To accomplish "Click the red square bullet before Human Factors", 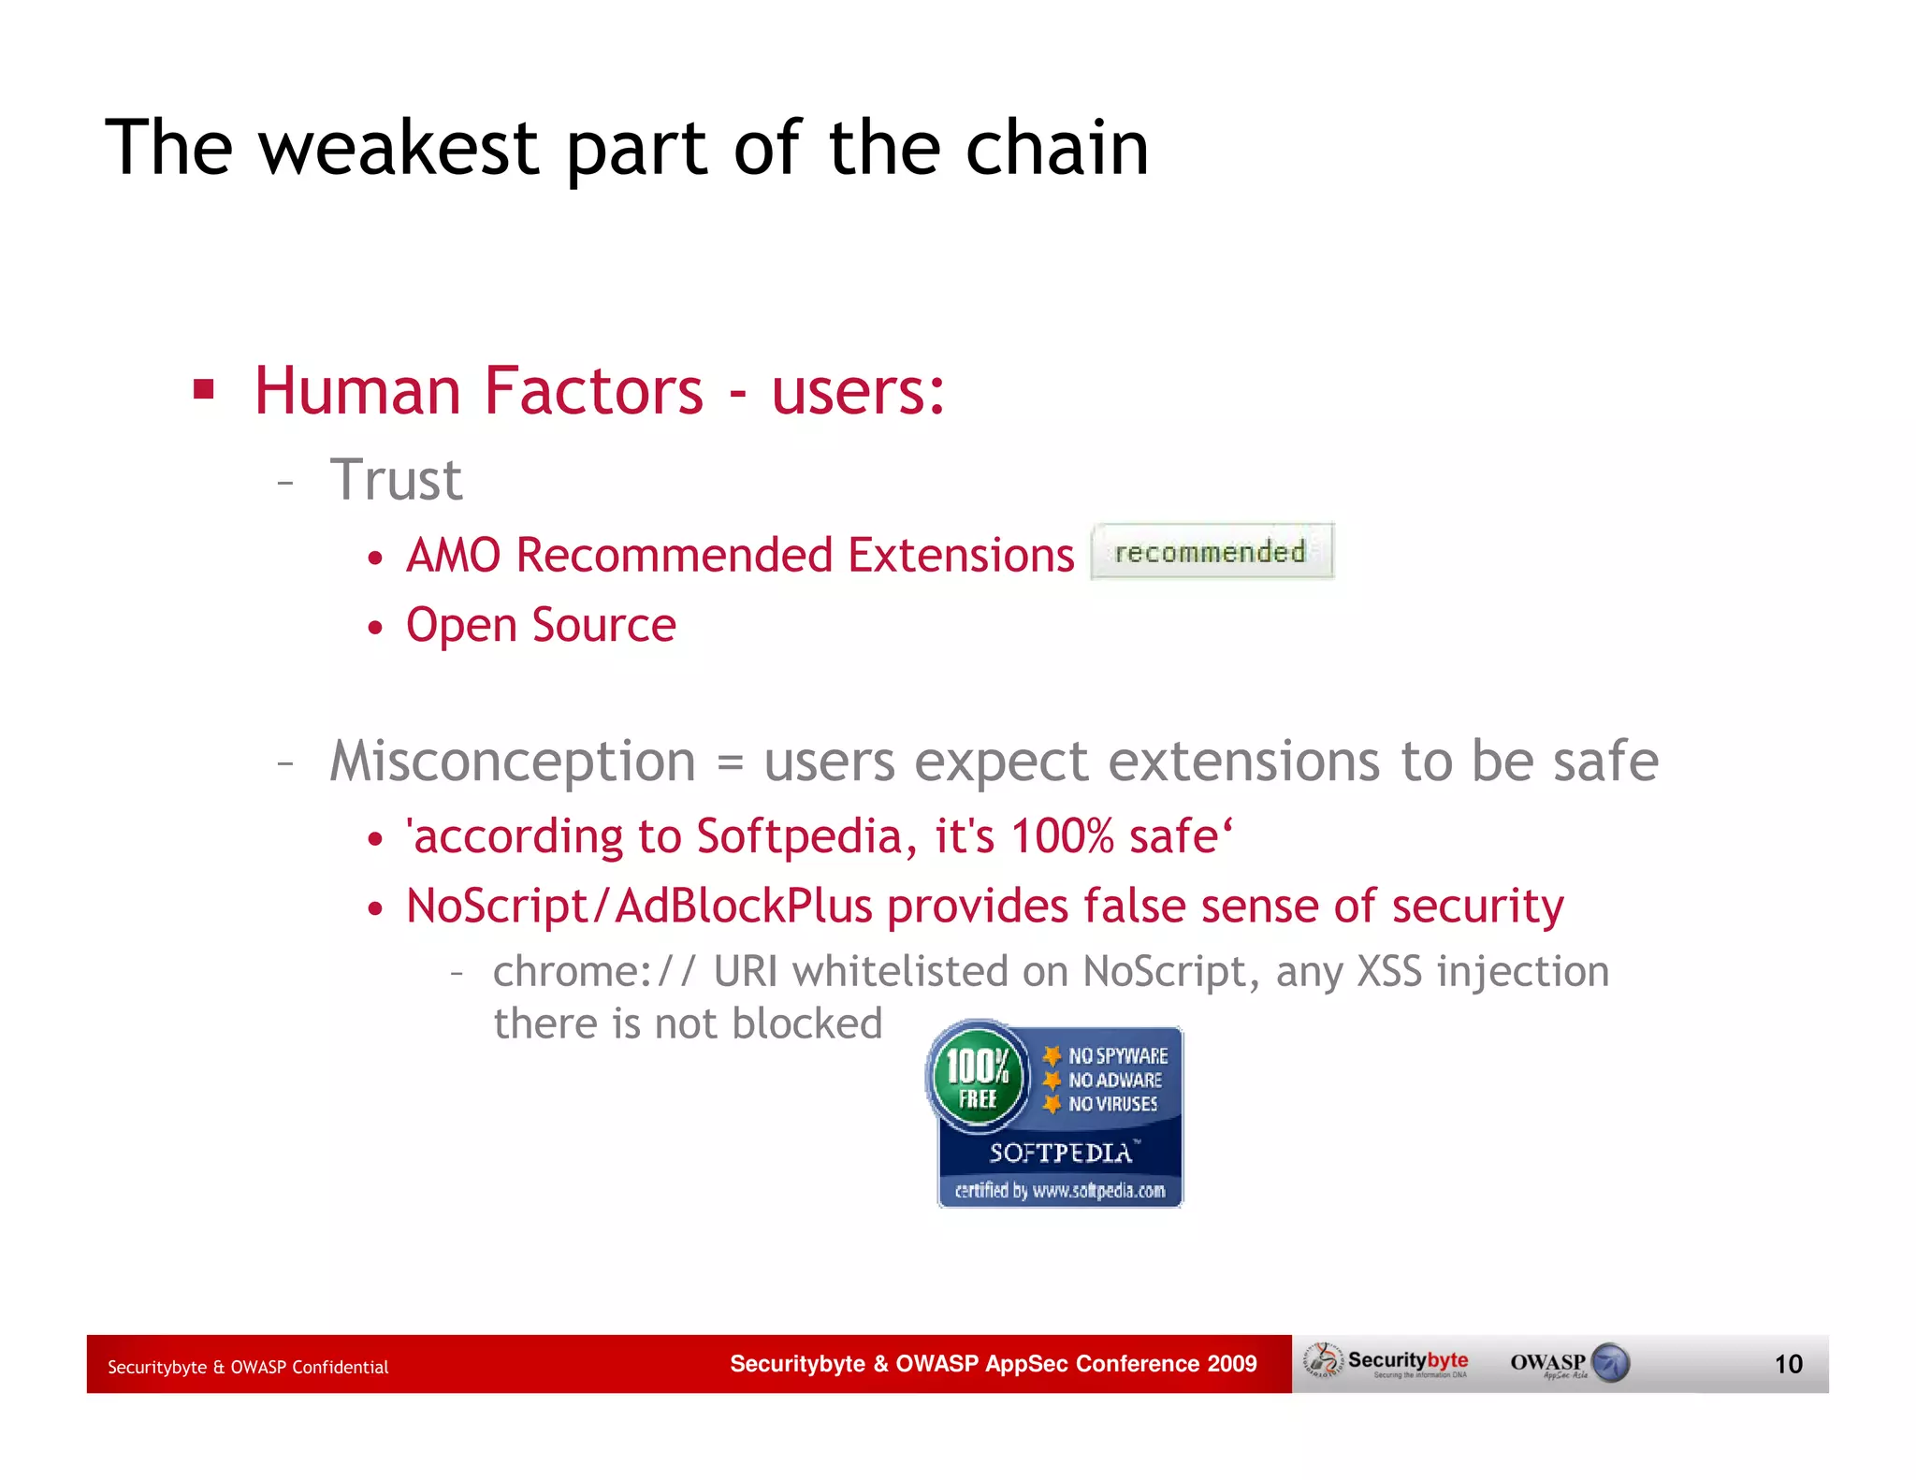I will [204, 388].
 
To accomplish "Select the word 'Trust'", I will [396, 480].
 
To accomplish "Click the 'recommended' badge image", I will [1212, 552].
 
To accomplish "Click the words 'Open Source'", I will [541, 625].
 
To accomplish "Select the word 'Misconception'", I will [513, 762].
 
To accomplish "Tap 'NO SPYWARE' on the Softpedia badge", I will [1117, 1056].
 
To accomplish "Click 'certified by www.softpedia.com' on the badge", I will [1059, 1191].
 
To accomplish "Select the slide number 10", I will [1788, 1364].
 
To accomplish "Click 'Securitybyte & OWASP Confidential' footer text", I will [248, 1367].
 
